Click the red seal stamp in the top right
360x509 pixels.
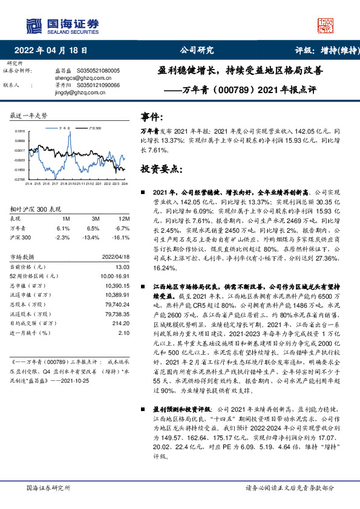(x=326, y=25)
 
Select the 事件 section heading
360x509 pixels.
(x=152, y=116)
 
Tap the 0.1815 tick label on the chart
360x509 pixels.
(x=20, y=131)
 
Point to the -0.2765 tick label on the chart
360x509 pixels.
(x=20, y=180)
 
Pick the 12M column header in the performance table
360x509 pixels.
(x=125, y=218)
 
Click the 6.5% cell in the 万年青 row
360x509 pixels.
(x=93, y=228)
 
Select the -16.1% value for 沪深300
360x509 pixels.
(x=123, y=238)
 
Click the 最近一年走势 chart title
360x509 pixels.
(x=29, y=115)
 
